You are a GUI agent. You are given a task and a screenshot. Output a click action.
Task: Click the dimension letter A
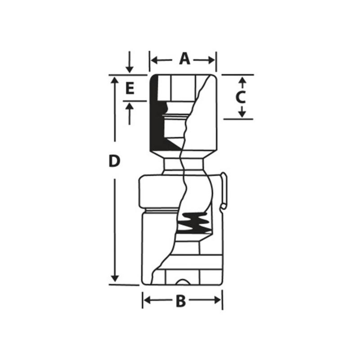184,59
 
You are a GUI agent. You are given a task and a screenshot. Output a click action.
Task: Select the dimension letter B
180,301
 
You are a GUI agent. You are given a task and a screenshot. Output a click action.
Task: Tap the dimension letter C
241,97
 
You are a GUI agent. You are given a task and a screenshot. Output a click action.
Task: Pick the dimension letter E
130,88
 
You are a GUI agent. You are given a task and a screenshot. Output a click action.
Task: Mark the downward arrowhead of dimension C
242,114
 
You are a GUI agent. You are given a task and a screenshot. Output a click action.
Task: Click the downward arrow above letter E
130,68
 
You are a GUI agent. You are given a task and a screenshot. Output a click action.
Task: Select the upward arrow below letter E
130,107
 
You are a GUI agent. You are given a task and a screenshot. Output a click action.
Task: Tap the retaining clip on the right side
224,191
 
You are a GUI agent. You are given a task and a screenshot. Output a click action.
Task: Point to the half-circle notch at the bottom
183,282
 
